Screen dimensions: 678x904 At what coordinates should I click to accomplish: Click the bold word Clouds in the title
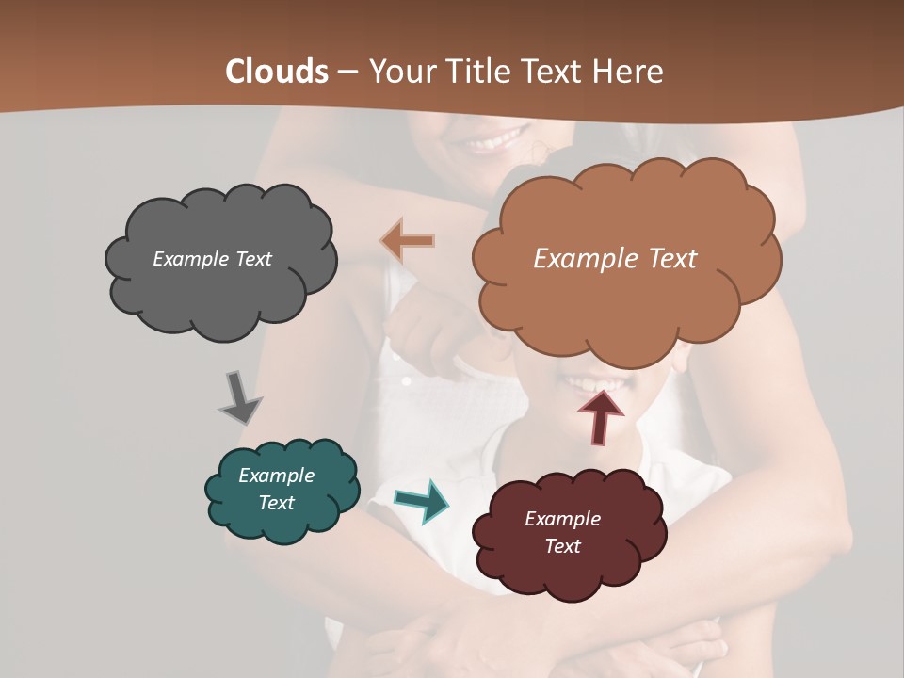276,72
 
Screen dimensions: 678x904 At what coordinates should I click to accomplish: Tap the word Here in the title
630,72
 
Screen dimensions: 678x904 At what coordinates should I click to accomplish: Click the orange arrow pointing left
407,240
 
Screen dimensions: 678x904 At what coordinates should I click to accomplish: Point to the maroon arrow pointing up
601,415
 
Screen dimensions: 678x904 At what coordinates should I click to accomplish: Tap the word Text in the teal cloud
277,503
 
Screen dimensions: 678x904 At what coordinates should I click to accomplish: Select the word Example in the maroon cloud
562,519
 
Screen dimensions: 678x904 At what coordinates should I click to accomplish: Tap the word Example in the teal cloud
277,476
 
